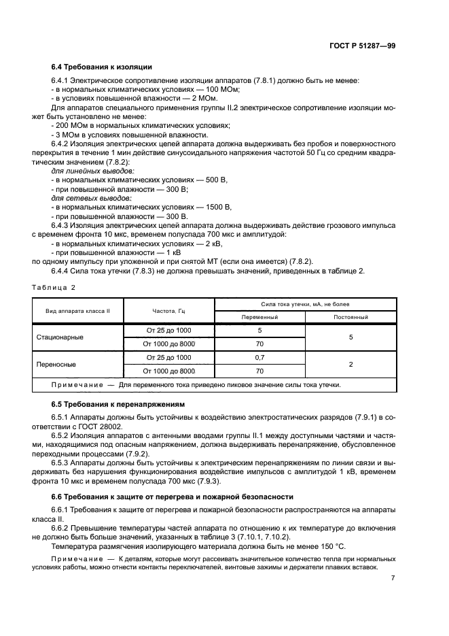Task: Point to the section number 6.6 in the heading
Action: pos(58,497)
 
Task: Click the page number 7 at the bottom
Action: pos(393,578)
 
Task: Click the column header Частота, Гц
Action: pos(169,310)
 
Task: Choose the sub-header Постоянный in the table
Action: pos(351,317)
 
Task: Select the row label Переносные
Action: pos(56,364)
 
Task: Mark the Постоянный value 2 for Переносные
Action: pos(351,364)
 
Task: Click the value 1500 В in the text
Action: pos(219,207)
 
